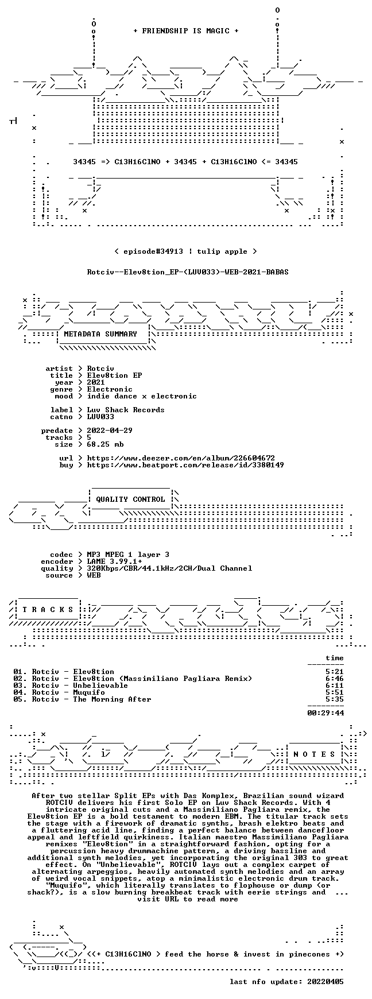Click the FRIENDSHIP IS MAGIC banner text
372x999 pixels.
[185, 31]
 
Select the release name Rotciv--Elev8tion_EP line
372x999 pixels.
[188, 272]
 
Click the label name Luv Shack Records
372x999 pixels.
[126, 410]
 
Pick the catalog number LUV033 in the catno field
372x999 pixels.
[100, 417]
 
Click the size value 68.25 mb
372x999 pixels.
[105, 444]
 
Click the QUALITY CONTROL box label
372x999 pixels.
[130, 499]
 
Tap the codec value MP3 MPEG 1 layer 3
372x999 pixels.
[128, 555]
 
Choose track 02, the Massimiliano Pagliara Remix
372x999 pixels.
[133, 679]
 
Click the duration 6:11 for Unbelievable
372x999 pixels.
[335, 686]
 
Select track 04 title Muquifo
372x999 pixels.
[89, 692]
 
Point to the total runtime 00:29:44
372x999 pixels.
[325, 713]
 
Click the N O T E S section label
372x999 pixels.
[314, 754]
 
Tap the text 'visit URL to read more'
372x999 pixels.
[188, 899]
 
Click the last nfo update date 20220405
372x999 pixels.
[325, 982]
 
